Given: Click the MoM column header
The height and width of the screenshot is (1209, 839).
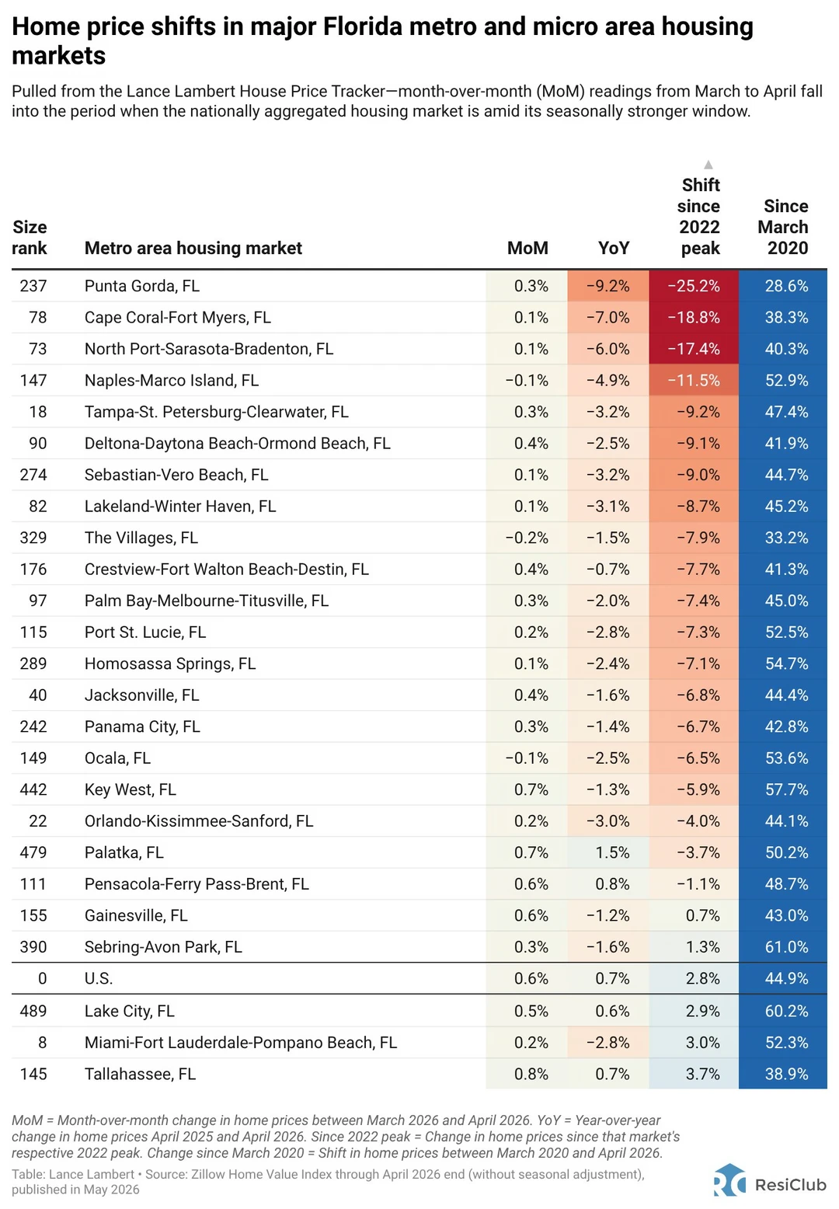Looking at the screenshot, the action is (527, 248).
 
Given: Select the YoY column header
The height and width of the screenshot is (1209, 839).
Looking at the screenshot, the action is (614, 248).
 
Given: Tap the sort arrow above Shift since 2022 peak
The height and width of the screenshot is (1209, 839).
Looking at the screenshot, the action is (708, 164).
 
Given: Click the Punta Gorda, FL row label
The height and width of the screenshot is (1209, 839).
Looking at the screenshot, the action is (142, 285).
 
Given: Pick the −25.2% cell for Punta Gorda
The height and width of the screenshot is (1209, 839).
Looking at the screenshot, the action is (694, 285).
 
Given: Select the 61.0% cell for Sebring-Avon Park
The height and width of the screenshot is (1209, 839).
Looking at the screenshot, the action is (783, 946).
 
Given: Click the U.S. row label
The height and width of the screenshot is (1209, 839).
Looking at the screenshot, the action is (99, 978).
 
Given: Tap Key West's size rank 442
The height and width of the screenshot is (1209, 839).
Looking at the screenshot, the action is (33, 789).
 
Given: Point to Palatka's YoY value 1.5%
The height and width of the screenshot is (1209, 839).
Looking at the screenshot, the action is (612, 852).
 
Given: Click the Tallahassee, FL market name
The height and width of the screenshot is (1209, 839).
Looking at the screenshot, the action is (141, 1074).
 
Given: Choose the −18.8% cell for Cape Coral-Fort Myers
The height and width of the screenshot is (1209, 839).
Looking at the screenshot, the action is (694, 317).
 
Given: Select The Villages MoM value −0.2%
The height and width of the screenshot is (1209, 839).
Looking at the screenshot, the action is (527, 538).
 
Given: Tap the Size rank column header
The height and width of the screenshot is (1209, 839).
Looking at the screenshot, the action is (30, 238).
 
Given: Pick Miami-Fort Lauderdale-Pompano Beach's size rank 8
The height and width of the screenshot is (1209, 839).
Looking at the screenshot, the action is (42, 1042).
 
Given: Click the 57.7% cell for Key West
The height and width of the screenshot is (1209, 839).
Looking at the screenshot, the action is (783, 789).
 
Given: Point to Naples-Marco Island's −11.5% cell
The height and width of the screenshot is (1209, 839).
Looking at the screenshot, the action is (694, 380).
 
